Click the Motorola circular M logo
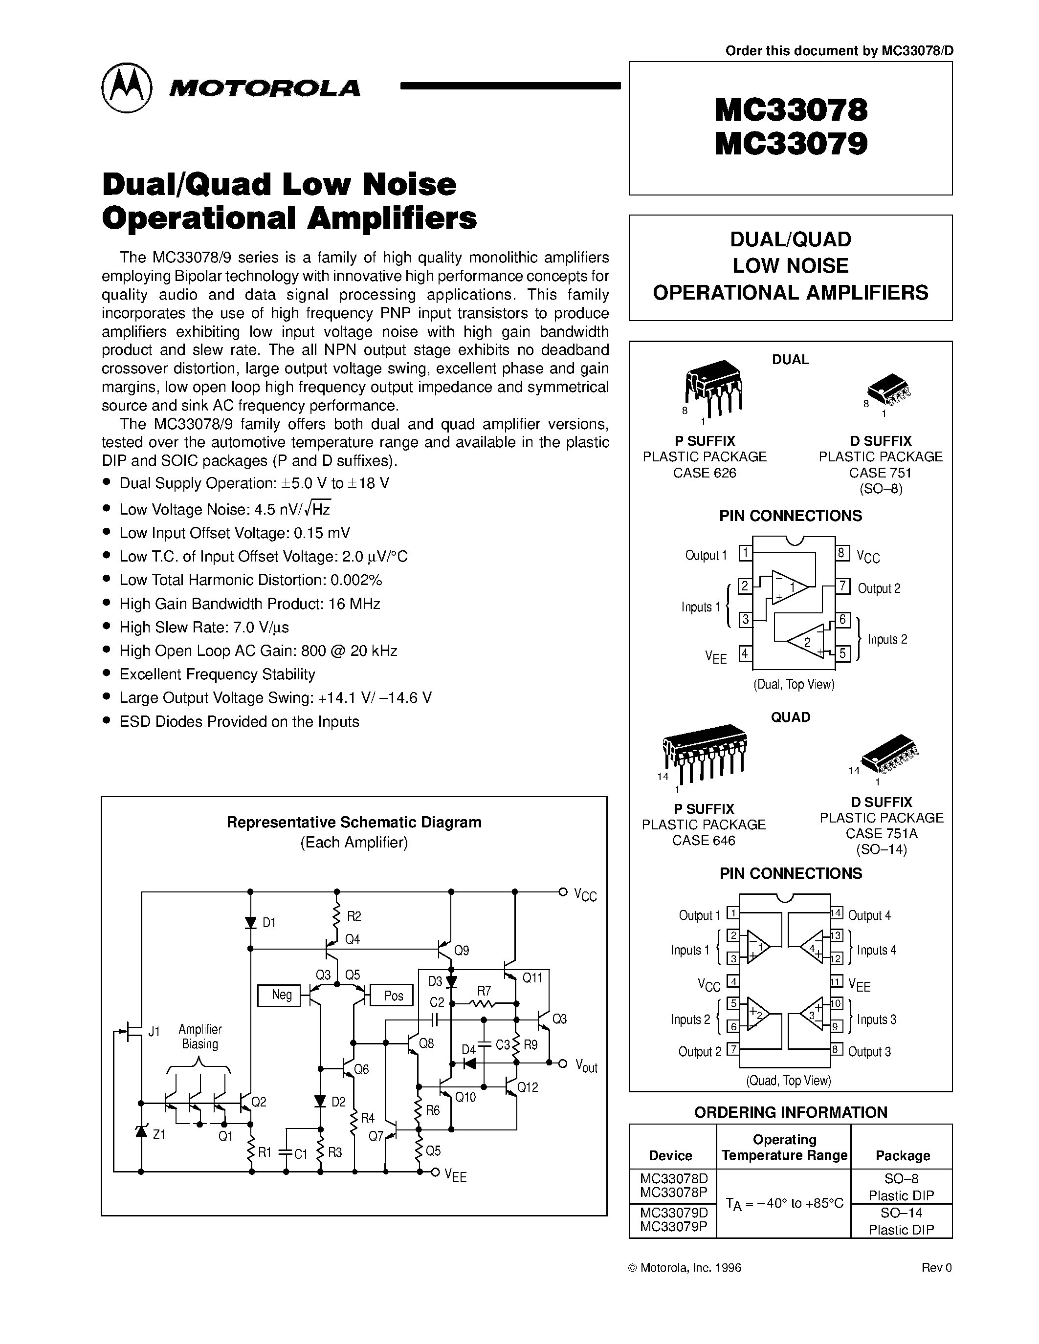click(x=126, y=87)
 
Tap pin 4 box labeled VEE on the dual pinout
click(x=745, y=653)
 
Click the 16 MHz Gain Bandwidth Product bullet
click(x=249, y=604)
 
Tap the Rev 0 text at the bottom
click(x=936, y=1268)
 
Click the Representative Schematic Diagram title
click(x=354, y=822)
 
